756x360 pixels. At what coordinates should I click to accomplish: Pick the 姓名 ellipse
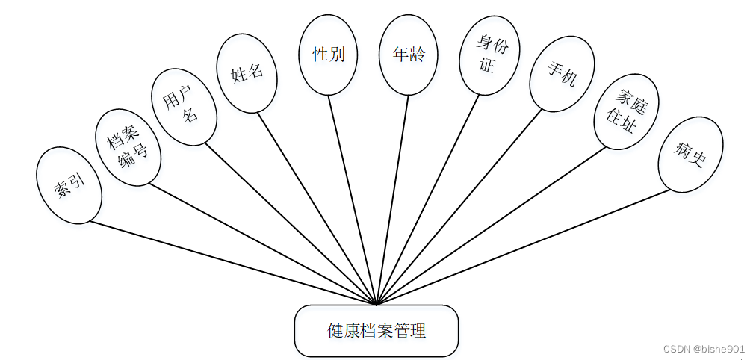tap(247, 74)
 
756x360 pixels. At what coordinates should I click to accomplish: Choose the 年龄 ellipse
tap(408, 55)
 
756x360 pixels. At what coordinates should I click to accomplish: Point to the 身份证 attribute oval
tap(489, 56)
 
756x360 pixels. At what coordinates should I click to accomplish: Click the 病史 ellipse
tap(690, 155)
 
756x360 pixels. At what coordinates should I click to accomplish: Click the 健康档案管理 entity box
tap(376, 330)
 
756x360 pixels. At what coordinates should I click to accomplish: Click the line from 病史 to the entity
tap(523, 247)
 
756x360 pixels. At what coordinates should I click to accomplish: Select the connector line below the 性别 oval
tap(350, 194)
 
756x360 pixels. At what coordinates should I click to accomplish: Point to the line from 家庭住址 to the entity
tap(493, 224)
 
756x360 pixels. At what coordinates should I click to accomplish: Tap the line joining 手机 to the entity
tap(459, 206)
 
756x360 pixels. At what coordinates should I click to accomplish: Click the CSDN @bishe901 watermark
tap(704, 348)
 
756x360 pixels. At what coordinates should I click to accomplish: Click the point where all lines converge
tap(376, 304)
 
